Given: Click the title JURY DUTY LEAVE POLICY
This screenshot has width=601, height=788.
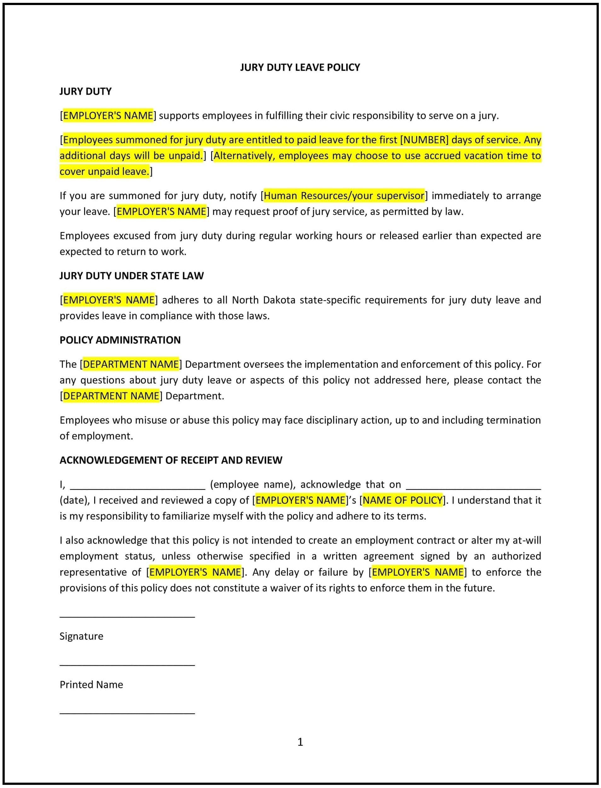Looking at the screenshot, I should click(x=300, y=67).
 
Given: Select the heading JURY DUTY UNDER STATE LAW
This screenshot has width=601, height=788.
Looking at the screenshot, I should click(x=131, y=276).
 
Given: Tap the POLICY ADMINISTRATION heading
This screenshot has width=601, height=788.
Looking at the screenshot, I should click(x=120, y=340).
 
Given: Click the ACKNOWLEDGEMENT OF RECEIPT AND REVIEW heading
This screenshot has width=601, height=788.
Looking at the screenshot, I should click(x=171, y=460).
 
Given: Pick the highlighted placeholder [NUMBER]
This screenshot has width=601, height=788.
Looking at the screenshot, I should click(x=424, y=140).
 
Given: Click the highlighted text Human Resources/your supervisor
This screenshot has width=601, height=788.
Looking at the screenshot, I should click(x=344, y=195).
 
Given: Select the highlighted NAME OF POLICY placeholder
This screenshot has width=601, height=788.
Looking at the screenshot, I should click(x=403, y=500).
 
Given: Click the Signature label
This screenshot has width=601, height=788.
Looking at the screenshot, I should click(x=81, y=636).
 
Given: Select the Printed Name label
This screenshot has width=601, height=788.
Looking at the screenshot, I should click(x=91, y=685).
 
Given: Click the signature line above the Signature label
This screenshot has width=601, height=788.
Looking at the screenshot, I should click(x=127, y=617).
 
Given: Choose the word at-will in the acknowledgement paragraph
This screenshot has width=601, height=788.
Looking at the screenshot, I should click(x=527, y=540).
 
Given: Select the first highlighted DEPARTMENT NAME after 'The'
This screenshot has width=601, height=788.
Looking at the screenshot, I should click(x=131, y=364).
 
